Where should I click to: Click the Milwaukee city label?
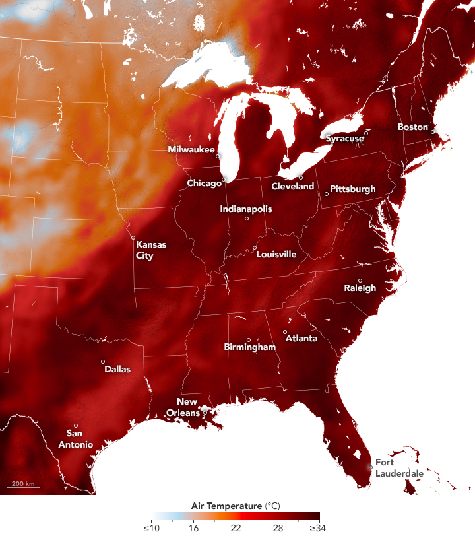pos(191,150)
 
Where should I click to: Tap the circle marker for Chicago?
pos(224,179)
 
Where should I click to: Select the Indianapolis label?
pos(245,209)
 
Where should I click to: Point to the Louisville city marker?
pos(255,248)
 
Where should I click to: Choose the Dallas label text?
pos(117,370)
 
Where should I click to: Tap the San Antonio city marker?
pos(76,426)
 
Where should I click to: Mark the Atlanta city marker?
pos(285,332)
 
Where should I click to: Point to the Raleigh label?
pos(360,288)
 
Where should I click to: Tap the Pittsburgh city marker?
pos(326,194)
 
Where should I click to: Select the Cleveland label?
pos(293,187)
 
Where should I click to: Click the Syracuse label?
pos(344,139)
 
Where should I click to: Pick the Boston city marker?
pos(433,132)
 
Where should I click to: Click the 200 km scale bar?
pos(23,487)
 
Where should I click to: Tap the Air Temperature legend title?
pos(234,506)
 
